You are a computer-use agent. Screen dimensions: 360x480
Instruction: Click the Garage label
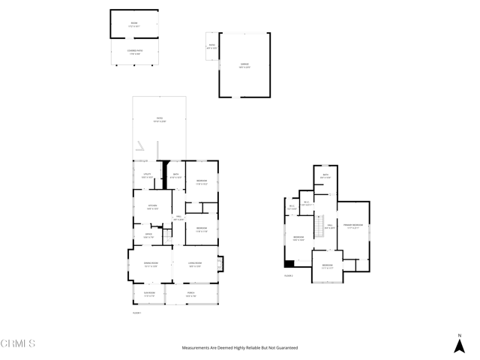coord(244,64)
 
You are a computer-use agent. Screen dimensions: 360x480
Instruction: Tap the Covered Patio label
coord(135,51)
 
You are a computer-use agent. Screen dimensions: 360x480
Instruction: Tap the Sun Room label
coord(148,295)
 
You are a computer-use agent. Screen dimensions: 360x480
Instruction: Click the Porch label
coord(190,295)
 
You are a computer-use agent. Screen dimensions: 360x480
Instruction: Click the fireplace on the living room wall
coord(220,264)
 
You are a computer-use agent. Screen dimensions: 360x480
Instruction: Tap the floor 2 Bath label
coord(325,176)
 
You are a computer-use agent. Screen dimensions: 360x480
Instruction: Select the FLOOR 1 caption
coord(137,312)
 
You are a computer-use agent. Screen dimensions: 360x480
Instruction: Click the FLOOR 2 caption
coord(289,276)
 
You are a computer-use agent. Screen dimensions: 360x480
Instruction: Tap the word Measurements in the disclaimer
coord(196,348)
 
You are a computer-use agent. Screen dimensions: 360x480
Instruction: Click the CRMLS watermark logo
coord(19,343)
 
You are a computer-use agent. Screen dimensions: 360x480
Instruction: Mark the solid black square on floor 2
coord(289,263)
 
